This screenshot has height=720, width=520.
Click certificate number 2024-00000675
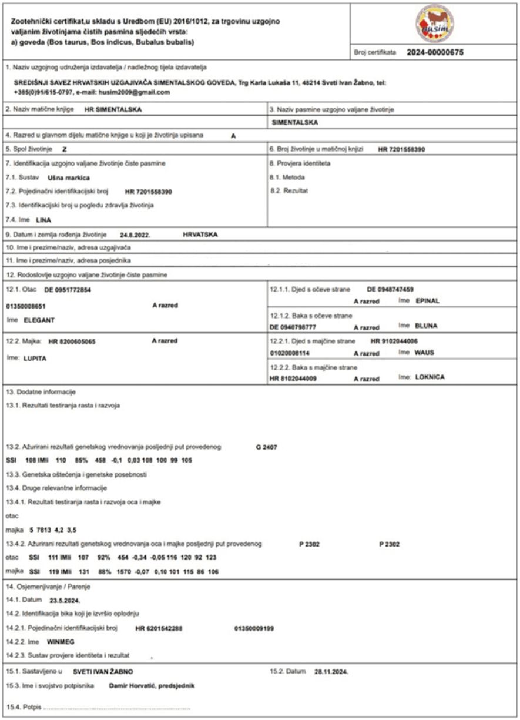coord(435,52)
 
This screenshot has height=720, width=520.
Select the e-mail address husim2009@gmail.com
coord(140,92)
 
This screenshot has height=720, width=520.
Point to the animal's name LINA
coord(43,220)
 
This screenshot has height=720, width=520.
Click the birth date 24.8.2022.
coord(135,233)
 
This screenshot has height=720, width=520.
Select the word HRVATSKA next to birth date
coord(200,233)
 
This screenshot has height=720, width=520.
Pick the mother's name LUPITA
coord(35,357)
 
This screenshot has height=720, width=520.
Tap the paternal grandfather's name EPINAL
coord(427,301)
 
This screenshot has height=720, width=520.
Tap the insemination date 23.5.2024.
coord(65,601)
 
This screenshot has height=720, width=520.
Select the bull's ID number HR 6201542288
coord(159,628)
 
